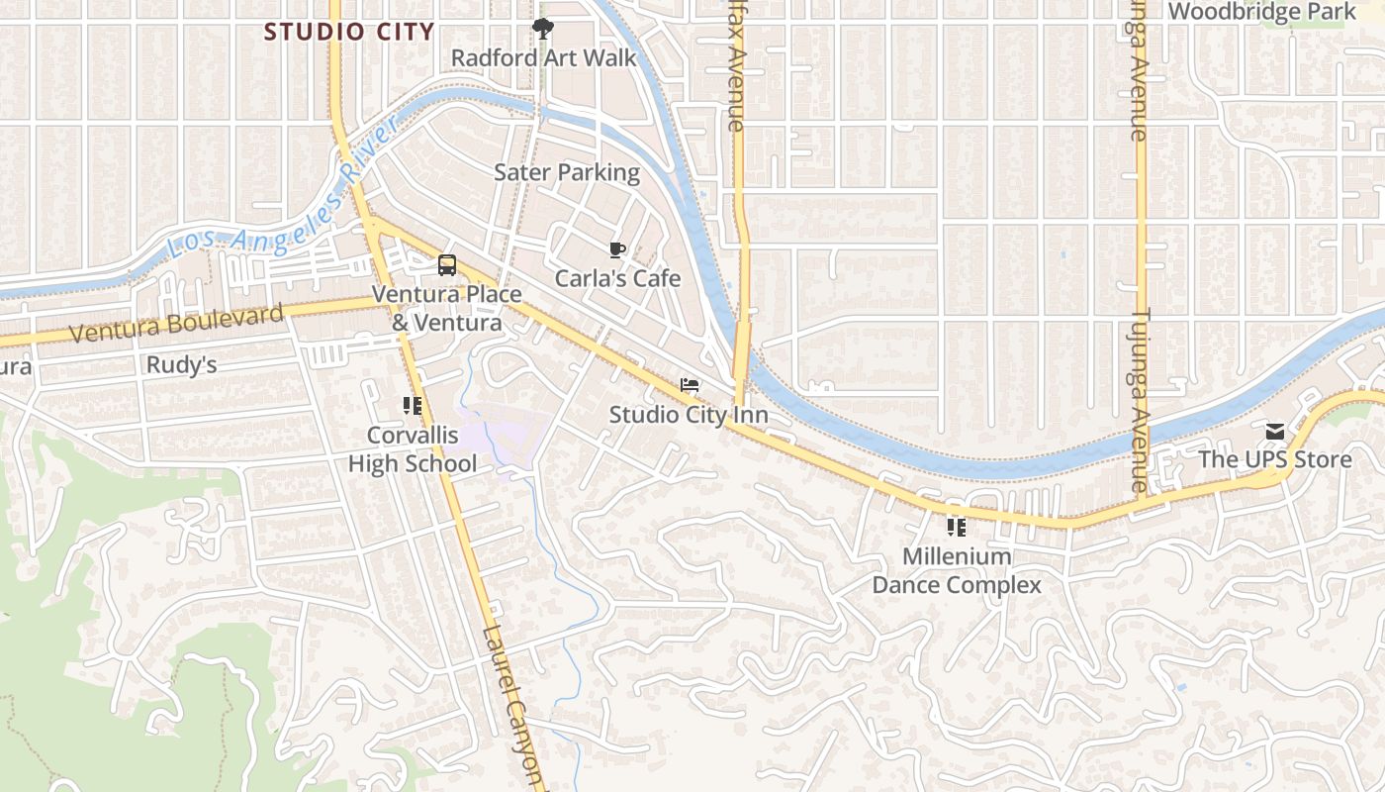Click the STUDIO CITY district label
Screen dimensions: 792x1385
(x=349, y=32)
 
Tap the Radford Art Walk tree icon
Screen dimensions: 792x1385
(x=542, y=29)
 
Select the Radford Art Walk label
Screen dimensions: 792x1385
(x=544, y=57)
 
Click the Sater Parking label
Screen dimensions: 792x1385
(x=567, y=172)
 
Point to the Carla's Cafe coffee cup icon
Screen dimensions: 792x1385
(x=617, y=249)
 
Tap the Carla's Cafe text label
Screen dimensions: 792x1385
(x=617, y=278)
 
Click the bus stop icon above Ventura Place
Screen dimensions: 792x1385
(x=447, y=265)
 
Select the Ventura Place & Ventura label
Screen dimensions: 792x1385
(x=446, y=308)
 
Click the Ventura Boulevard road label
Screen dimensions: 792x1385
(x=177, y=324)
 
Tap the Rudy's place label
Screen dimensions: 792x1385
(x=181, y=365)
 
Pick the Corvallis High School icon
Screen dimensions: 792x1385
(x=413, y=405)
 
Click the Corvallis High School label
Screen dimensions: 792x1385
(x=413, y=449)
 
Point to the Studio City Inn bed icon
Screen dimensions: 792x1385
(x=690, y=385)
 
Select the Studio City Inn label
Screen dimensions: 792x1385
(x=689, y=414)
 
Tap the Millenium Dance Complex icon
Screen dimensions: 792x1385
(x=956, y=527)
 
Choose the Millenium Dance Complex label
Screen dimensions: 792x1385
(x=957, y=570)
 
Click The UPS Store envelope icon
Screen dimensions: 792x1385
(x=1274, y=432)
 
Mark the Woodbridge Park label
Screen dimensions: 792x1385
(x=1262, y=12)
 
